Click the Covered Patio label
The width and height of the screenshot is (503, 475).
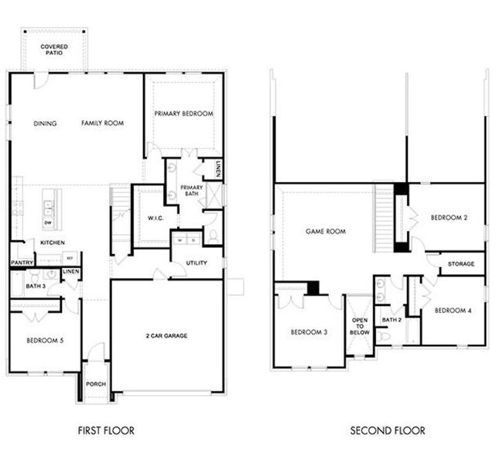click(54, 50)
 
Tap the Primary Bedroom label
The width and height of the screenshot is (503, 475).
click(183, 114)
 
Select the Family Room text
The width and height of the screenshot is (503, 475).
click(103, 123)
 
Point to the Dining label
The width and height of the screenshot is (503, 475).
click(46, 123)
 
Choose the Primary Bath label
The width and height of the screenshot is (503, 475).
click(191, 191)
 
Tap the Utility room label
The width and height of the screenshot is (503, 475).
click(197, 263)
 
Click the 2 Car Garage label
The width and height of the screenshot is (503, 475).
click(167, 336)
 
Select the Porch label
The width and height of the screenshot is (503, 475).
click(96, 384)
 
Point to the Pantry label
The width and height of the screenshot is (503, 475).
click(21, 263)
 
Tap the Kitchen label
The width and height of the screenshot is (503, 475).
click(53, 243)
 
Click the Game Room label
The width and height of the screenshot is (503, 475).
click(325, 231)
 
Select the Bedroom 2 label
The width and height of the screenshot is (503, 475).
click(449, 219)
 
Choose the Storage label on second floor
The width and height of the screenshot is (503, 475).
click(461, 264)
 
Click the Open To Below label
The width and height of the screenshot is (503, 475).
click(358, 326)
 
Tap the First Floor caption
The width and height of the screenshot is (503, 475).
click(111, 430)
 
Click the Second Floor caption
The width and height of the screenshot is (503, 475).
click(387, 430)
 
